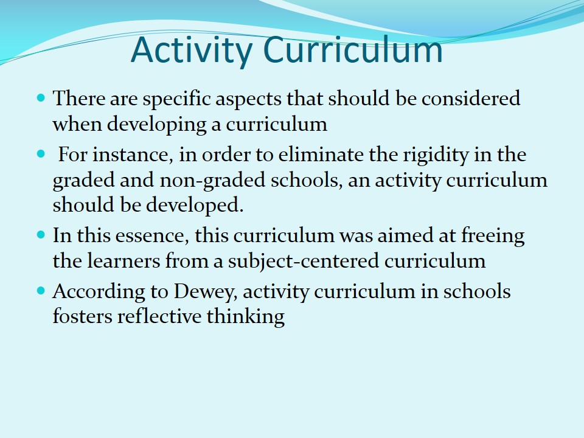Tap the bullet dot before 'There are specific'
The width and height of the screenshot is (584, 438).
point(41,97)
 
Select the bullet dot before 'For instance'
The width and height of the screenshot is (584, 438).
point(41,154)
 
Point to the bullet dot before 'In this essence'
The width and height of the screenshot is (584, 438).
point(41,234)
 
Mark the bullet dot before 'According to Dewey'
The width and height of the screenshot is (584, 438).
point(41,291)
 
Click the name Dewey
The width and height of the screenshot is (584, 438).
point(208,291)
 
